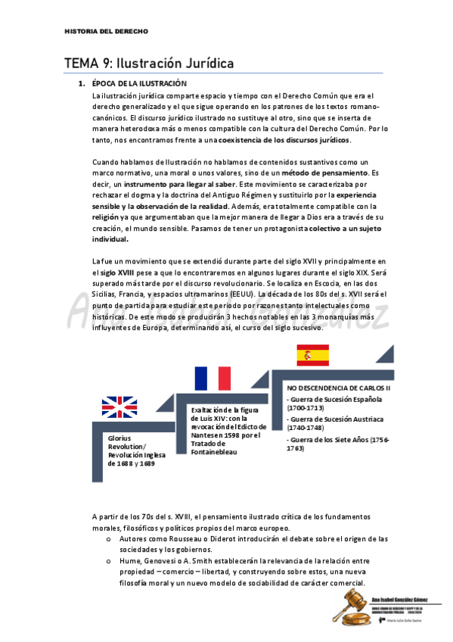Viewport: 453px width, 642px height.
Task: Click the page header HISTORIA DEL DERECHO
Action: coord(106,32)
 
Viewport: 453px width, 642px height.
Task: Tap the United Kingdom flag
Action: coord(119,407)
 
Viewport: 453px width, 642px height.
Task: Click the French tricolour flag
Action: coord(213,379)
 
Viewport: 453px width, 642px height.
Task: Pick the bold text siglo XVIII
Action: coord(117,272)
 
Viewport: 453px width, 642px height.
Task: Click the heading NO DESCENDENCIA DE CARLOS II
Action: coord(338,388)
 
